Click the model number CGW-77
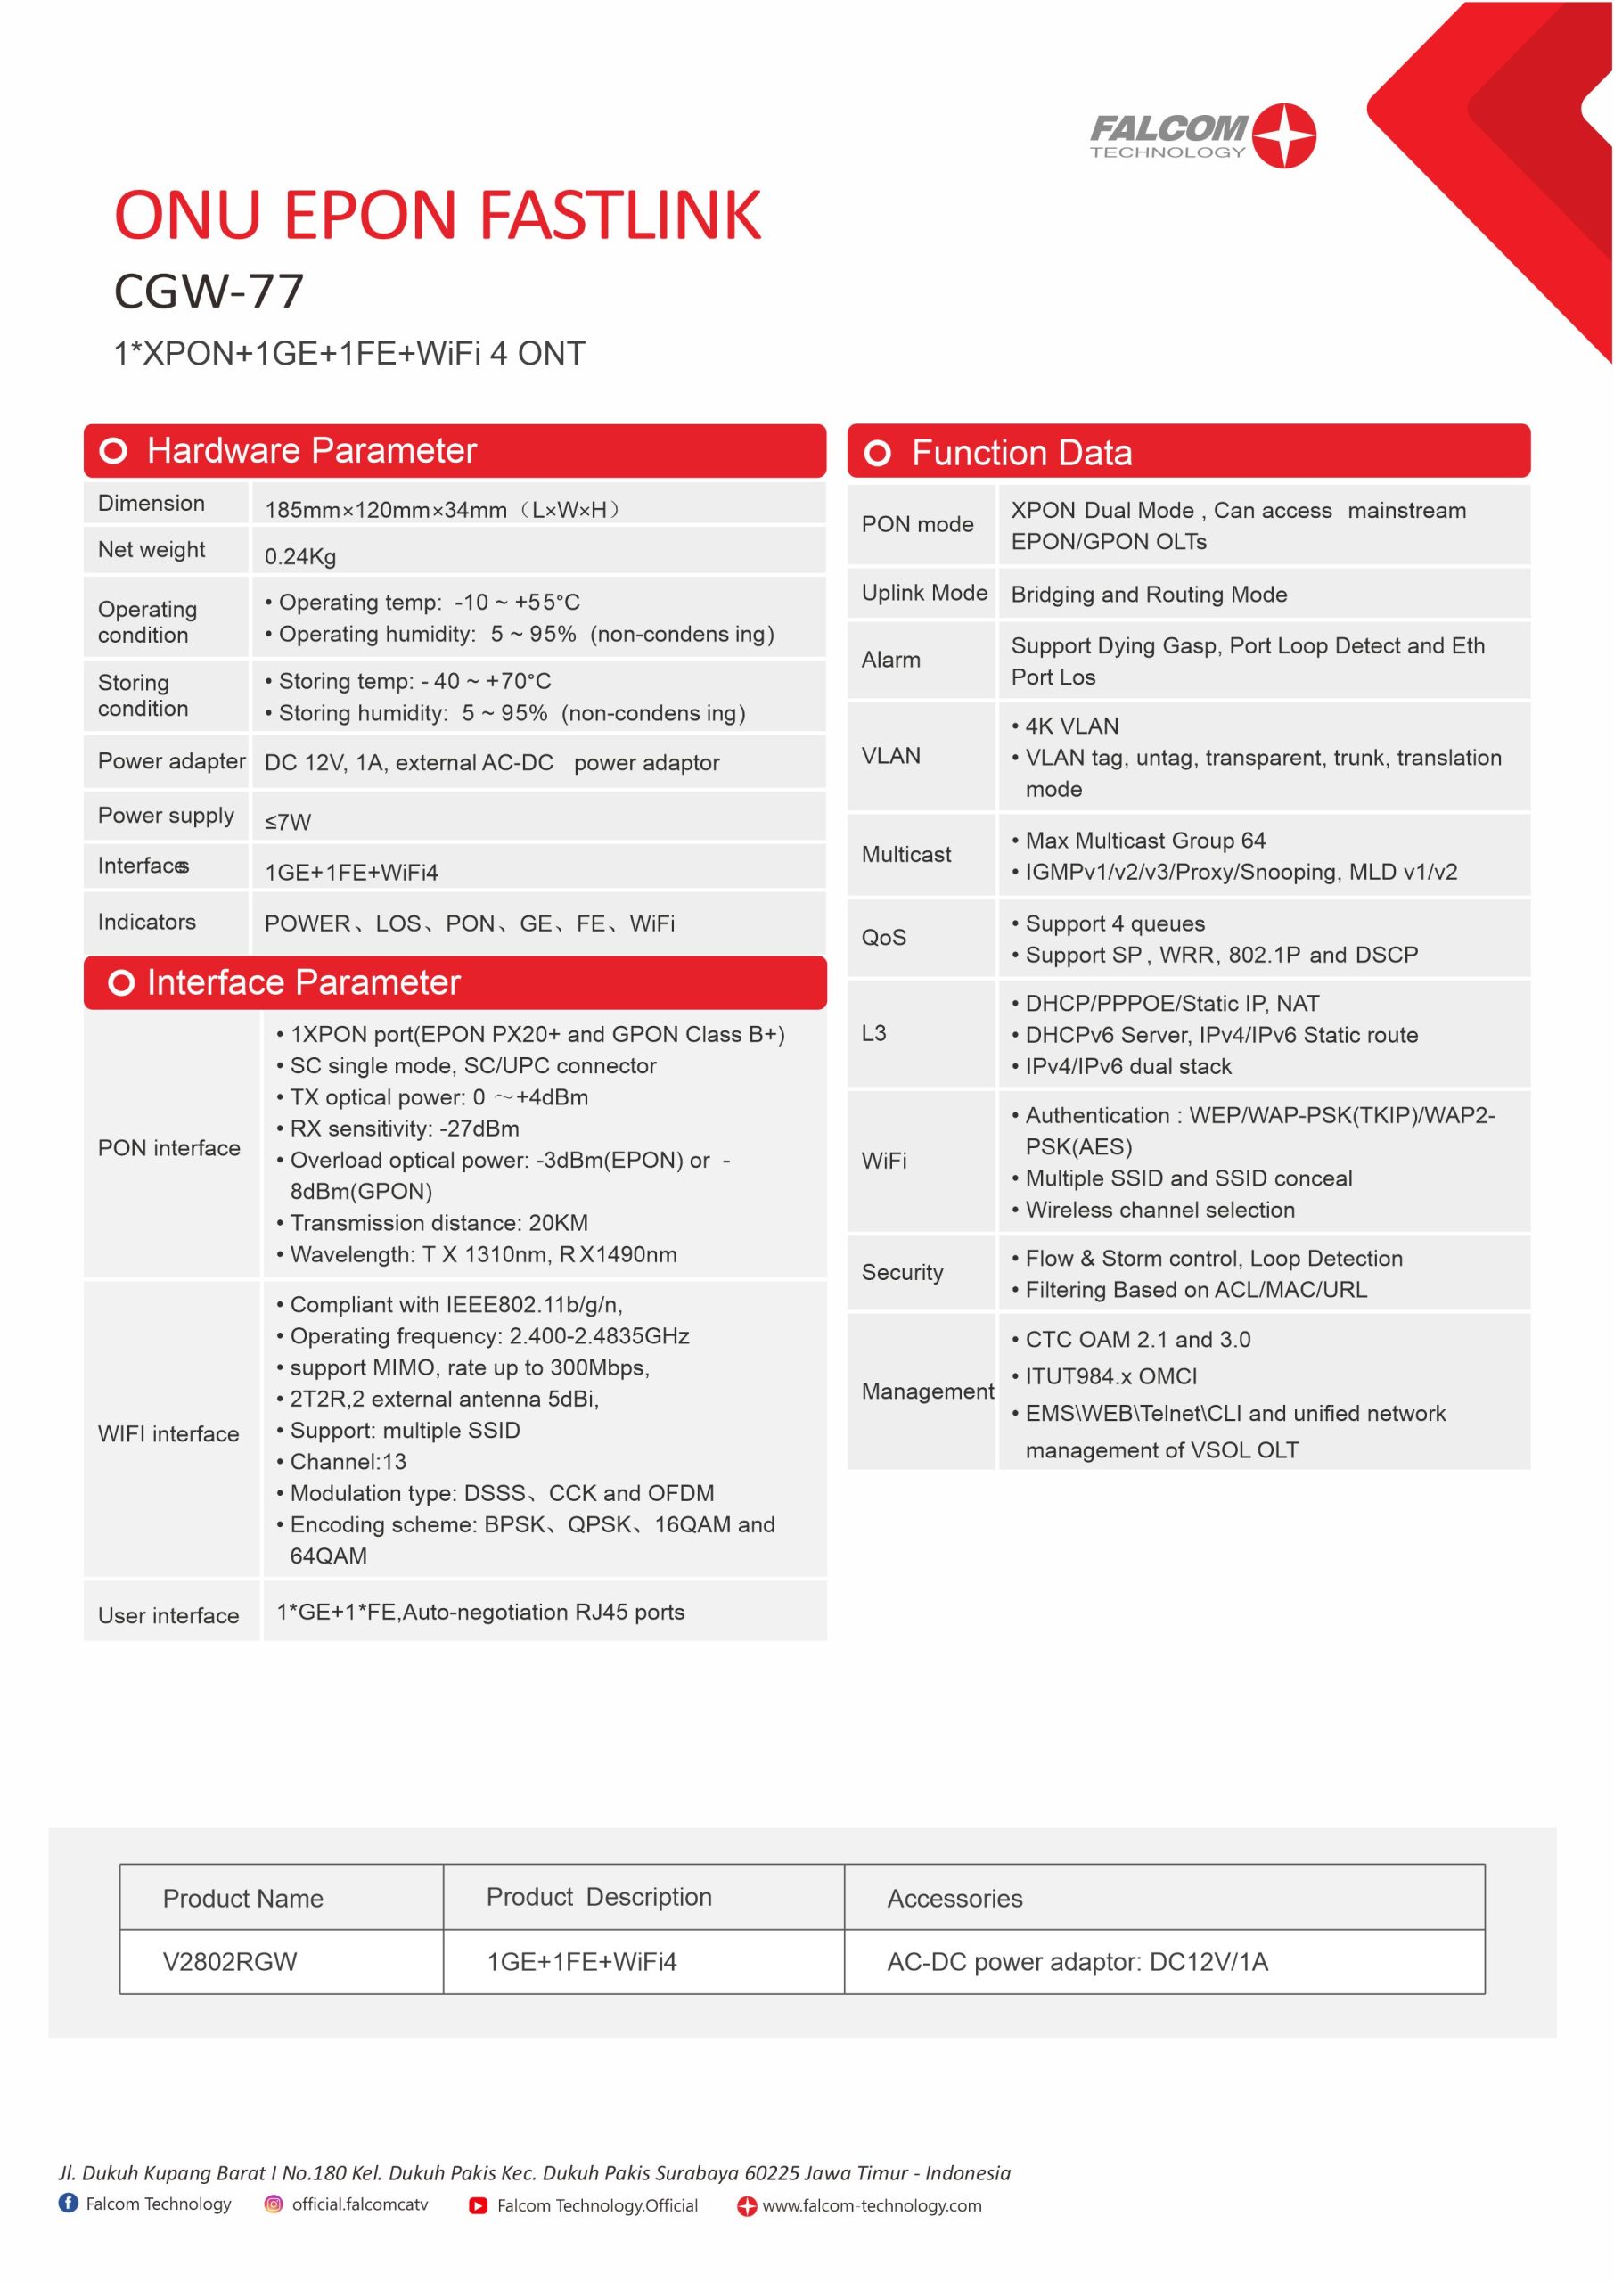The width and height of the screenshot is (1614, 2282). (x=209, y=291)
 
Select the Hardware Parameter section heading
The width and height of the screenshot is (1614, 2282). (x=311, y=451)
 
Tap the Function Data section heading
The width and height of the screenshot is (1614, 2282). (x=1020, y=453)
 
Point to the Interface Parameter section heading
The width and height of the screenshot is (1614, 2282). (x=303, y=983)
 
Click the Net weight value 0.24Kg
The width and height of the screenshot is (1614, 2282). (x=300, y=556)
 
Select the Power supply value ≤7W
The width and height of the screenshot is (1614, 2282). (x=287, y=822)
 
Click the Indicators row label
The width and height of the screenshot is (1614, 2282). (x=146, y=923)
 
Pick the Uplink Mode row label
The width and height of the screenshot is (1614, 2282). (x=923, y=594)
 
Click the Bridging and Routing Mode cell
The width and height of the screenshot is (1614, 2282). (x=1148, y=595)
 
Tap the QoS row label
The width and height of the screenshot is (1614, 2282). (x=883, y=937)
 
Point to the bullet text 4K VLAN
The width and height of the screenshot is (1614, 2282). (x=1071, y=726)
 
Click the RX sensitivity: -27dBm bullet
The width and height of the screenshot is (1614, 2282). (x=404, y=1129)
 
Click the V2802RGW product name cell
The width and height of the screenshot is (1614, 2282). (x=230, y=1962)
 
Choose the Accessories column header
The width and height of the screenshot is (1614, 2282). (x=954, y=1899)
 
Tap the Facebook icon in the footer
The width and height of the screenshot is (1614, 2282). (x=69, y=2204)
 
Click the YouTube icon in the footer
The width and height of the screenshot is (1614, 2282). (x=478, y=2205)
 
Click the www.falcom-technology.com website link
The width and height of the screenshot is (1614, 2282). (x=872, y=2205)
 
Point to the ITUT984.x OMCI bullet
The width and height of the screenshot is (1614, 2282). (x=1110, y=1376)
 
